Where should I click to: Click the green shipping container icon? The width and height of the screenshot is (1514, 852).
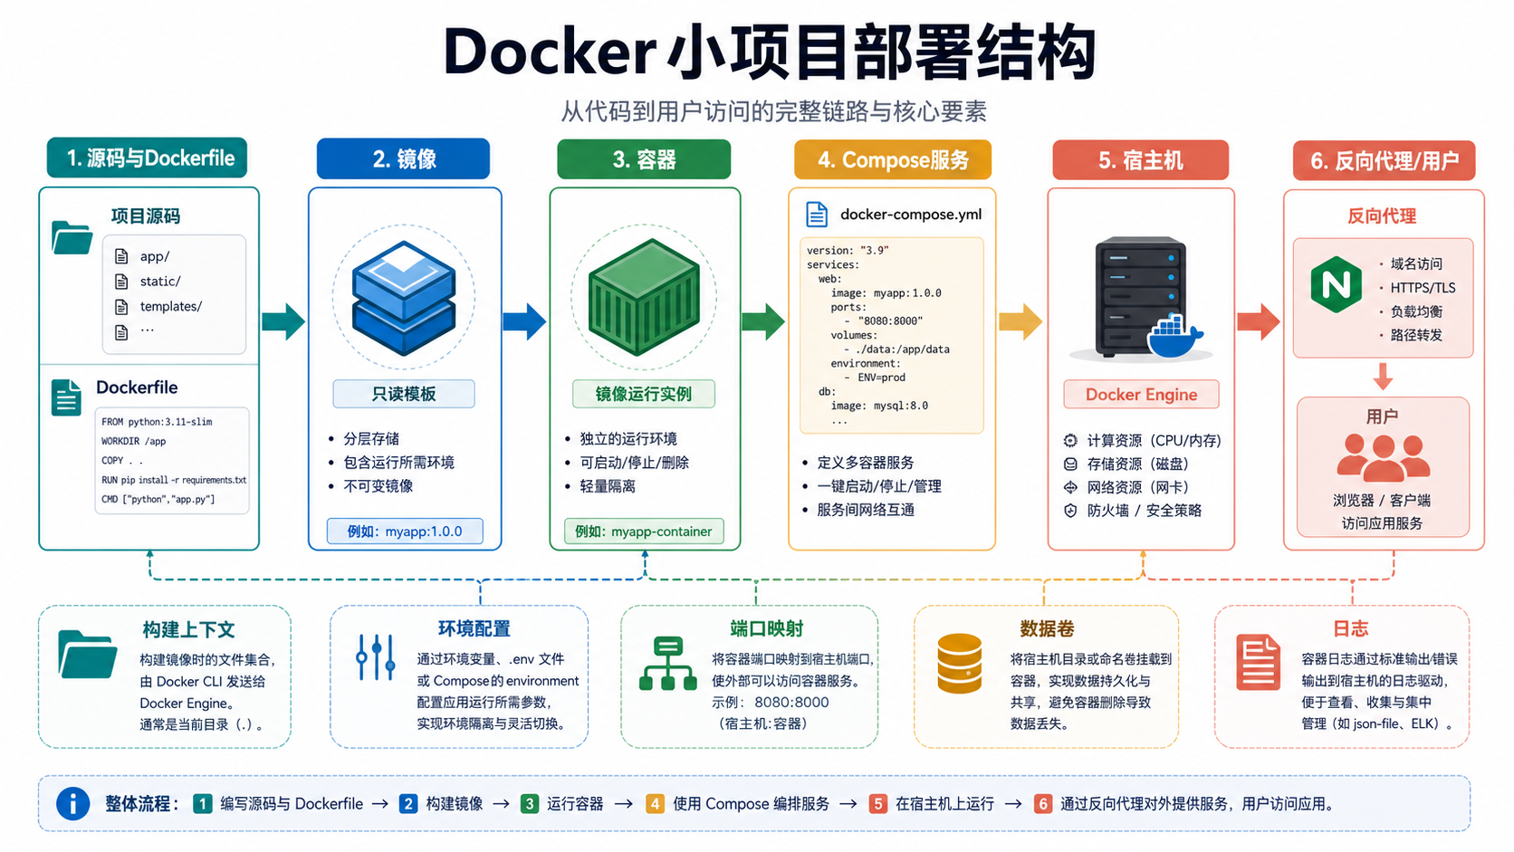pos(644,297)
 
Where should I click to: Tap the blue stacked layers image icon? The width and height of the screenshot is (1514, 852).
pos(404,298)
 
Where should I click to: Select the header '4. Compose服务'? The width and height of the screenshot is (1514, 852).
pos(893,160)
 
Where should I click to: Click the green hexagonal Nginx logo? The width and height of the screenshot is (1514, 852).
pos(1336,284)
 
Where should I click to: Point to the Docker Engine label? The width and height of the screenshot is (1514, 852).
pos(1141,395)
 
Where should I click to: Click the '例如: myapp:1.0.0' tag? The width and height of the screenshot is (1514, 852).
pos(405,531)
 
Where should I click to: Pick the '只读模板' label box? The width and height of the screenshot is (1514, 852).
pos(404,394)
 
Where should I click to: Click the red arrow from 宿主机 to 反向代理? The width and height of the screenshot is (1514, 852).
pos(1259,321)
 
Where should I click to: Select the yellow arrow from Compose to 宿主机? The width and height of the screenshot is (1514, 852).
pos(1021,321)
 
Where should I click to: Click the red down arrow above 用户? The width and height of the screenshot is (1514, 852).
pos(1383,377)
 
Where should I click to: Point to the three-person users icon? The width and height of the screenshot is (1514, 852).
pos(1383,458)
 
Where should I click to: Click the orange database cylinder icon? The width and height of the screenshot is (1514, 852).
pos(959,664)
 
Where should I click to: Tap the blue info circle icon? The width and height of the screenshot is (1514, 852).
pos(73,804)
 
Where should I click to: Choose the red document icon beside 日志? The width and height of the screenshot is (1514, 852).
pos(1258,662)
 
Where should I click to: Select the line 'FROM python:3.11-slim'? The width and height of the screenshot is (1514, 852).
pos(157,422)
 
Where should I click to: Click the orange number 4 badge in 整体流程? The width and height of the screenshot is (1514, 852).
pos(655,804)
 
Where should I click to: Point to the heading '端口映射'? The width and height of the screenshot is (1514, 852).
pos(766,629)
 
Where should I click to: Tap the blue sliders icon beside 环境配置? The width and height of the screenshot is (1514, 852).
pos(376,656)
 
